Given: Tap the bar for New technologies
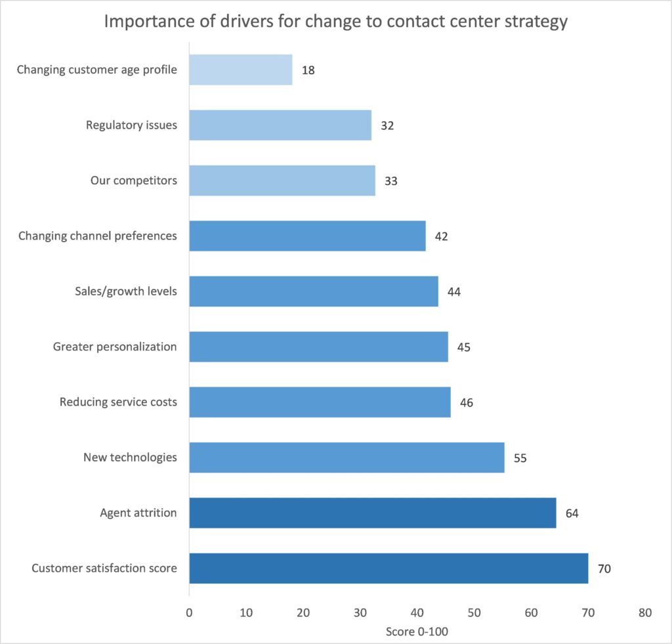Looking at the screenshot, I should click(x=346, y=458).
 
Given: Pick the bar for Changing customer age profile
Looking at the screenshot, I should click(x=241, y=70).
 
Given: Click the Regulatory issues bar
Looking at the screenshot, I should click(x=280, y=125).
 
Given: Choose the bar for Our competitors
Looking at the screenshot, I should click(x=282, y=181).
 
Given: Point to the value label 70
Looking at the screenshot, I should click(x=604, y=569).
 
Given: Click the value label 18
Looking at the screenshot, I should click(x=308, y=70).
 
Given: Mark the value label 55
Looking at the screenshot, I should click(x=520, y=458).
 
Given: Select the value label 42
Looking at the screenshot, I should click(x=442, y=236).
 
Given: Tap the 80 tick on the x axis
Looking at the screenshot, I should click(x=645, y=613).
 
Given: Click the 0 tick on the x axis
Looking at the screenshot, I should click(x=189, y=613).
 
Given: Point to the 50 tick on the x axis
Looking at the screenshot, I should click(x=474, y=613).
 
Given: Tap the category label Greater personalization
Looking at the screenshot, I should click(x=115, y=347).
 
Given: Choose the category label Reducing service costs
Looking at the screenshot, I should click(x=118, y=402).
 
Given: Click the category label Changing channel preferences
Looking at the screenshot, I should click(x=98, y=236).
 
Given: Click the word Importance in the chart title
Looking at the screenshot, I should click(x=146, y=22).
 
